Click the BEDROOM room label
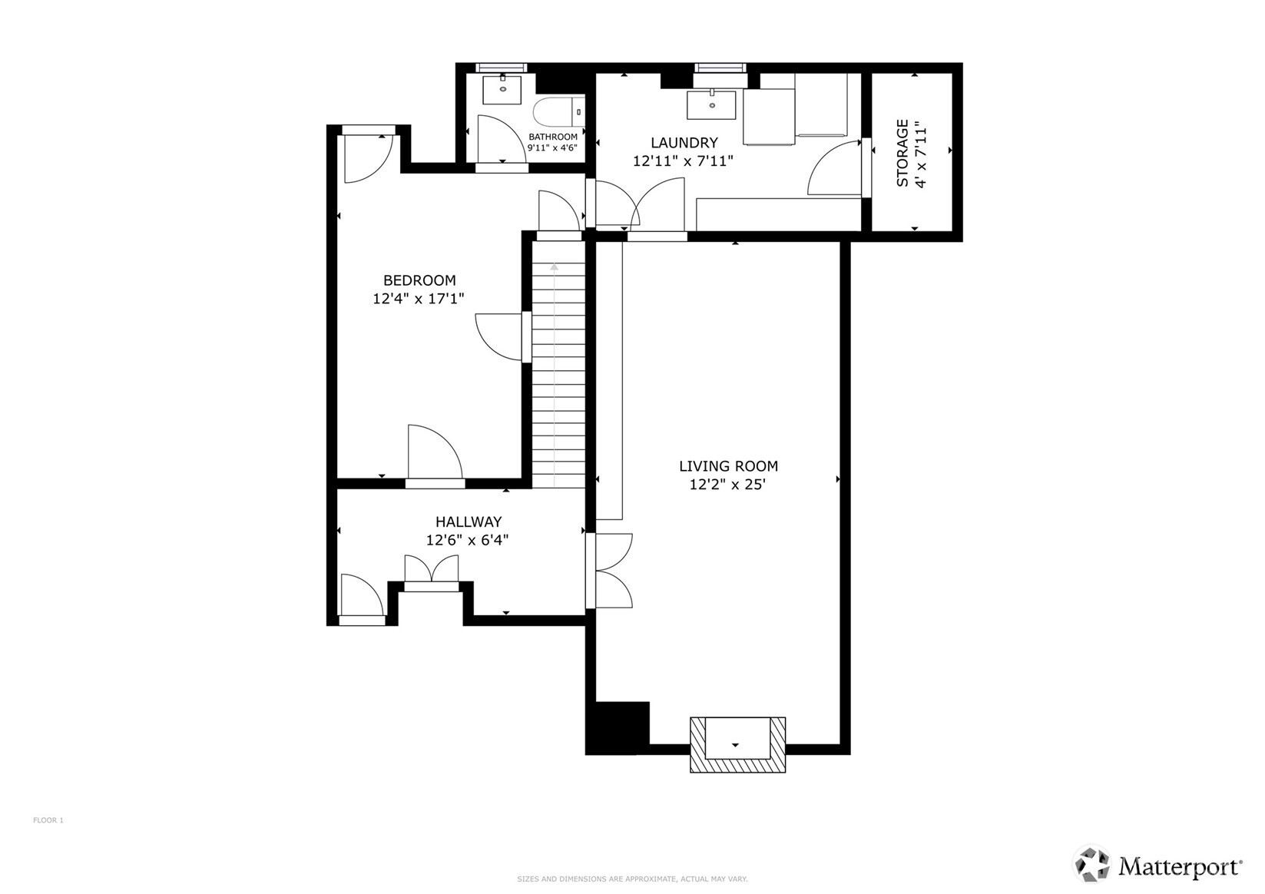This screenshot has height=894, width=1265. (x=419, y=280)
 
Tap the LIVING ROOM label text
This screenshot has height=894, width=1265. (x=728, y=466)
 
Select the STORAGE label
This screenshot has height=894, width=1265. (x=902, y=153)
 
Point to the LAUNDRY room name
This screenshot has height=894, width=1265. (x=684, y=142)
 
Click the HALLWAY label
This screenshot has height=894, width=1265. (x=469, y=521)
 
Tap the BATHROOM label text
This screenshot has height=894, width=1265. (x=553, y=137)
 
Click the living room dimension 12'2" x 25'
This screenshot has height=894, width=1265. (x=727, y=485)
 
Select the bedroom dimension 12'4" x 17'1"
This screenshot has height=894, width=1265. (x=419, y=298)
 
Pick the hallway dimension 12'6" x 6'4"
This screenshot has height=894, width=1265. (x=467, y=541)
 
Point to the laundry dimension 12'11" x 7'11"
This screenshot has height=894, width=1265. (x=683, y=161)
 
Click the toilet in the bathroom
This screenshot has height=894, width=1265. (x=559, y=111)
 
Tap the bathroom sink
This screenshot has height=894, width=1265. (x=502, y=89)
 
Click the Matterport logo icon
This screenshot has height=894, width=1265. (x=1092, y=864)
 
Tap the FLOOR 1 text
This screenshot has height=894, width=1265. (x=48, y=820)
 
